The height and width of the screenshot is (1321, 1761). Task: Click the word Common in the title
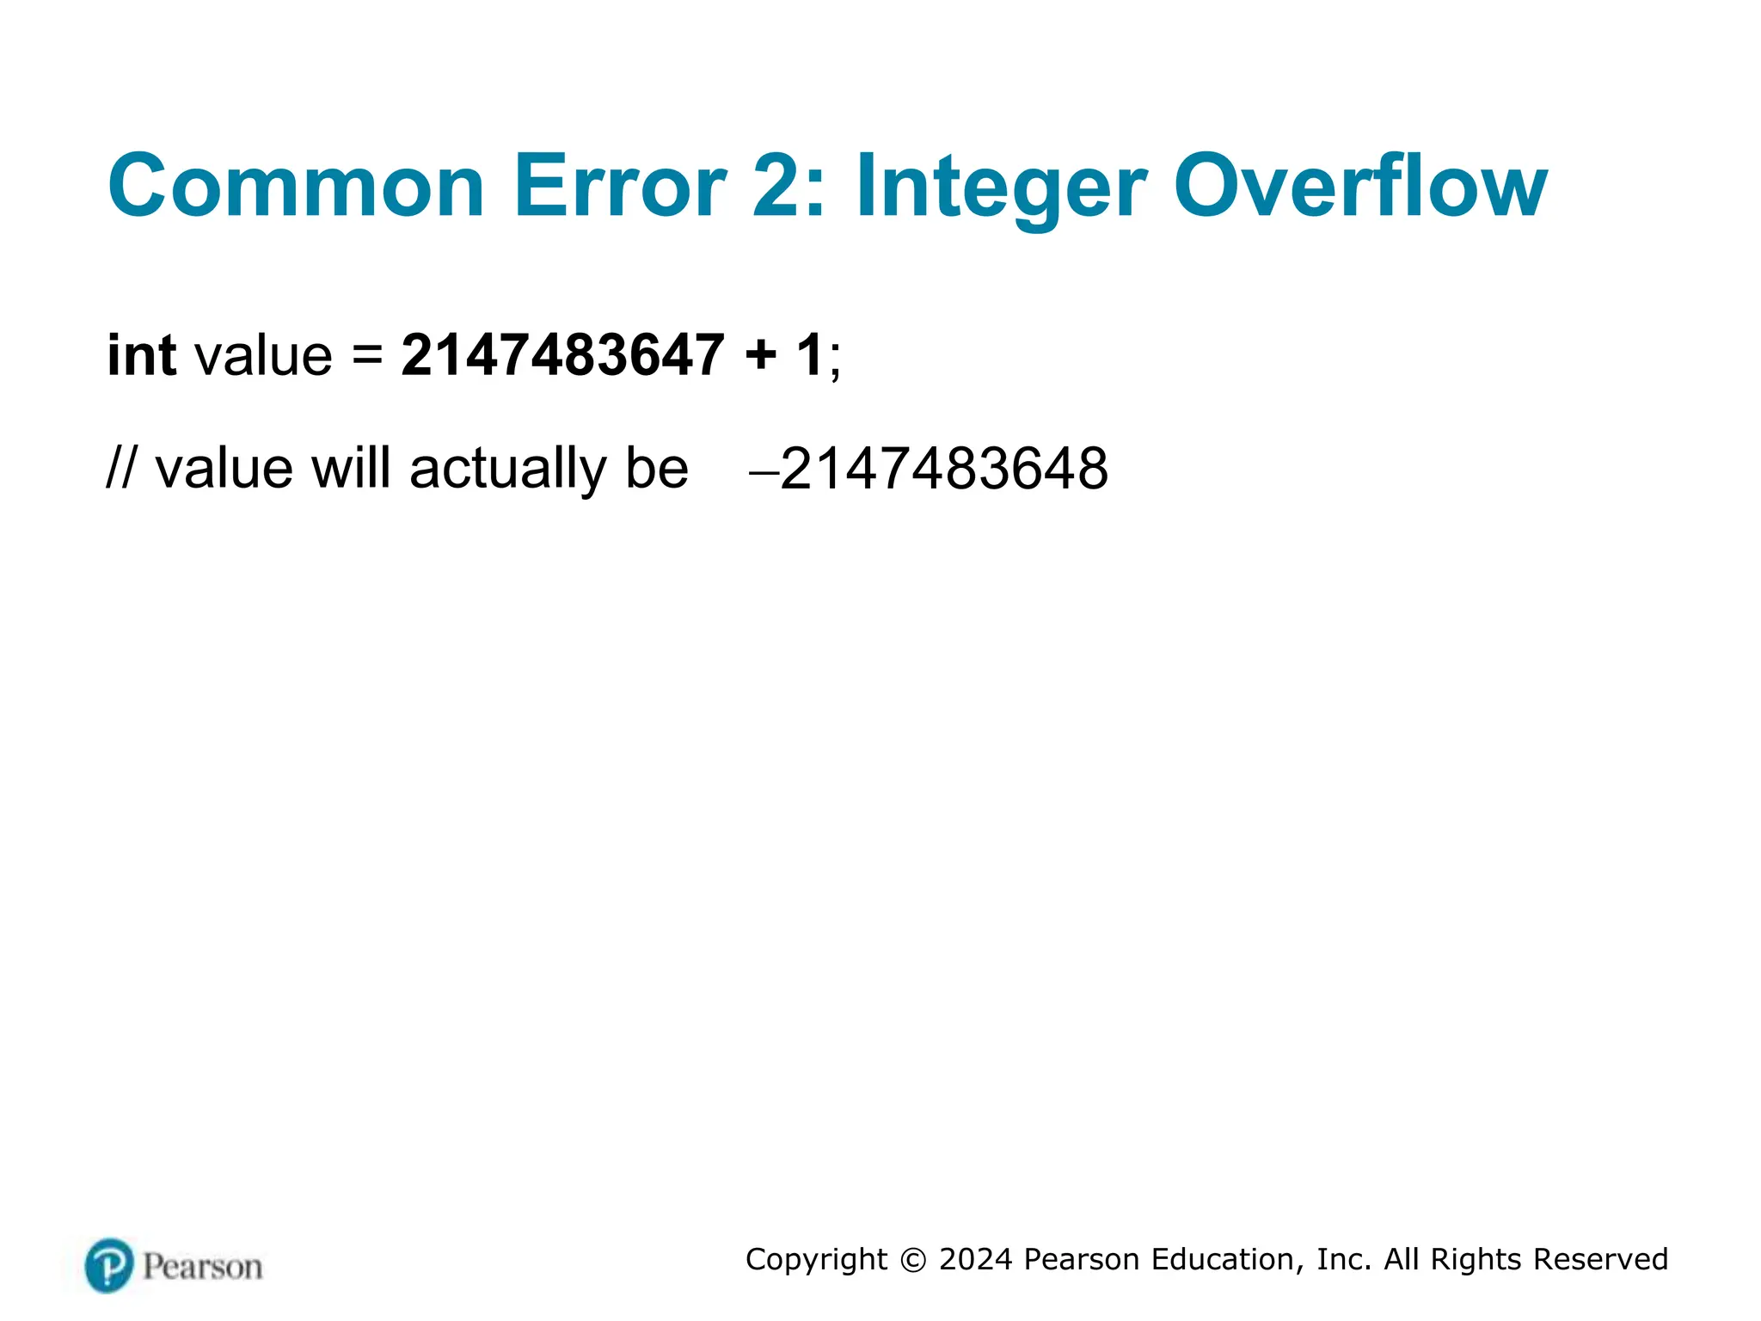[296, 187]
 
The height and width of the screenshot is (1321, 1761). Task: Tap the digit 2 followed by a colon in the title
[788, 187]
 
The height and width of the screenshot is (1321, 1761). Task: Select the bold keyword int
[142, 354]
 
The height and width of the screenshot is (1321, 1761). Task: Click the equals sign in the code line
[367, 356]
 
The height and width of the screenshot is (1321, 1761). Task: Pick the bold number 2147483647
[563, 354]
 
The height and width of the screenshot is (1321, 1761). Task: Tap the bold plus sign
[761, 356]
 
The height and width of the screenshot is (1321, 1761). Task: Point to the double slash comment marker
[120, 470]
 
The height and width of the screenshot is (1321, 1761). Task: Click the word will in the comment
[350, 468]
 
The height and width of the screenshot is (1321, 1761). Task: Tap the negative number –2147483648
[929, 470]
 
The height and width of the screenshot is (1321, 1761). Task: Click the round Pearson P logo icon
[109, 1265]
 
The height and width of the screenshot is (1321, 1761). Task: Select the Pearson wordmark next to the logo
[203, 1267]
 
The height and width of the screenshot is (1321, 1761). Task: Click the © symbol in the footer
[912, 1260]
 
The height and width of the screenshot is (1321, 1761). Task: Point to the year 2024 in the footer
[975, 1259]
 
